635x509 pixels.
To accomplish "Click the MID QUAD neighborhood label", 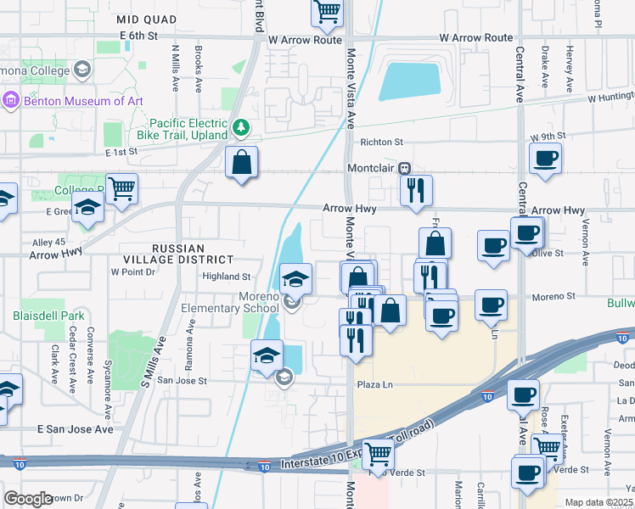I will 147,19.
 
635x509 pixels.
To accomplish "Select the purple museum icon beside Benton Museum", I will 10,101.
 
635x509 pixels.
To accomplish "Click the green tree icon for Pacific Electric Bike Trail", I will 242,128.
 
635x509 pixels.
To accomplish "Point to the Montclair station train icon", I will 406,169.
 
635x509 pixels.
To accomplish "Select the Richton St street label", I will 380,143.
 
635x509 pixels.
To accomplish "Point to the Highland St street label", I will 226,276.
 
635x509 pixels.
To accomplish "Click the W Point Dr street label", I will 133,272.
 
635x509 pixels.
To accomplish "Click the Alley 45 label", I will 48,242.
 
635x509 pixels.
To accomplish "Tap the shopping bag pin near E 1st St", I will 242,161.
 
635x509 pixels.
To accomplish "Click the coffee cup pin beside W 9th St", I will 545,156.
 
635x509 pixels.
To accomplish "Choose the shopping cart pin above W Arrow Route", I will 327,11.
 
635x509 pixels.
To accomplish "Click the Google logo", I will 28,499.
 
